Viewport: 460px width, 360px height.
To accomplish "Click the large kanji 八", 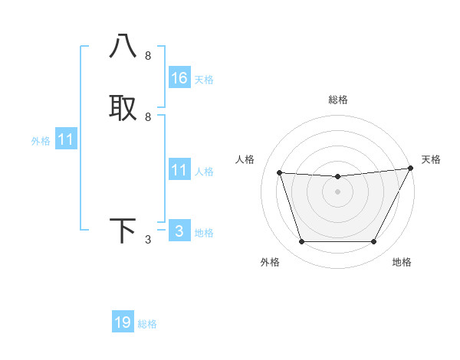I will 123,47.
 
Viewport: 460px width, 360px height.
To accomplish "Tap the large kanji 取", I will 123,108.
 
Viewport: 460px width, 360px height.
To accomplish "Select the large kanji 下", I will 123,231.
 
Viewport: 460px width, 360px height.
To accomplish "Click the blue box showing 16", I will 179,78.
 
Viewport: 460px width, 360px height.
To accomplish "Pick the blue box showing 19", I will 123,322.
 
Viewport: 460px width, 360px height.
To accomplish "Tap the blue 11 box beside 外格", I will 66,139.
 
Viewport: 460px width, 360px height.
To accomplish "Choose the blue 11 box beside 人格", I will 179,170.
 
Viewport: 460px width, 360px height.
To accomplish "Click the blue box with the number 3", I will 179,231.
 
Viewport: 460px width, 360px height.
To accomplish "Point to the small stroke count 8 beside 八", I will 148,56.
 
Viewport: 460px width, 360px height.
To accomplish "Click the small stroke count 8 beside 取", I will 148,117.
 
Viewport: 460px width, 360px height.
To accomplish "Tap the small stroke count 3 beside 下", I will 148,240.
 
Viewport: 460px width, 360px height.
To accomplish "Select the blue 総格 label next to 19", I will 147,324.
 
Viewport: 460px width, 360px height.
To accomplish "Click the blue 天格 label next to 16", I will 204,80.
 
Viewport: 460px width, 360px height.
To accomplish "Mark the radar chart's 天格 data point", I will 411,169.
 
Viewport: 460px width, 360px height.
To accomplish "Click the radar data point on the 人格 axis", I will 279,173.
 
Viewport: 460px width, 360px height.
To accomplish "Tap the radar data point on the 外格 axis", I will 301,242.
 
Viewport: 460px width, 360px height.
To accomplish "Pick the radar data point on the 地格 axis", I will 374,242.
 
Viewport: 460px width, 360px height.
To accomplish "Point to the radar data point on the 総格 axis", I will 337,177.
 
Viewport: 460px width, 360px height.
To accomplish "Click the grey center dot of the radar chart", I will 337,192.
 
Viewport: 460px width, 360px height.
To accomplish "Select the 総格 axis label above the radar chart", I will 338,100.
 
